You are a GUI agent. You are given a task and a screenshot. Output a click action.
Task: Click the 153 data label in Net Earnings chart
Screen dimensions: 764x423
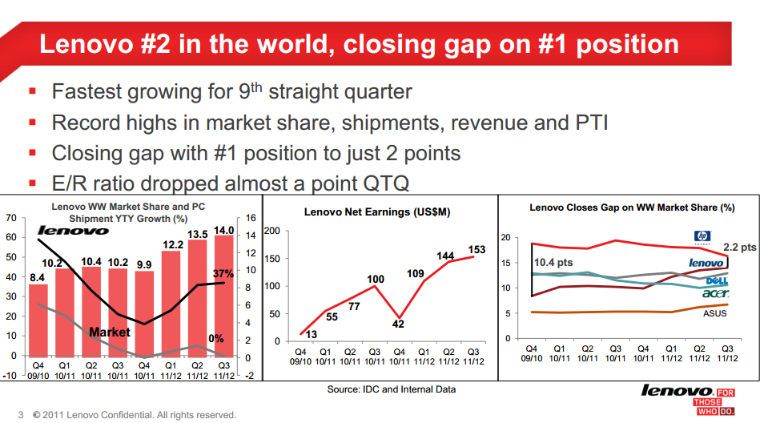476,249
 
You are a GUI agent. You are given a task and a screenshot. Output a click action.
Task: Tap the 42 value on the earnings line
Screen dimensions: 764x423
398,324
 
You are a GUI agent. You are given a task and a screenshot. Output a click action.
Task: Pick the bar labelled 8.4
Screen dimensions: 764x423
38,320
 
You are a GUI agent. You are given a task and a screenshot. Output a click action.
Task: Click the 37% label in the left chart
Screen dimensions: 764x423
223,274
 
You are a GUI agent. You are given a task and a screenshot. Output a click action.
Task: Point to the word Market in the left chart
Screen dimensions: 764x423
110,332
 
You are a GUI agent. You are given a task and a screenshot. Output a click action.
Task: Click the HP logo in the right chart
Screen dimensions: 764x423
702,237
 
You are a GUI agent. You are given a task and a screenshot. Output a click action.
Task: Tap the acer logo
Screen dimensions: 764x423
716,293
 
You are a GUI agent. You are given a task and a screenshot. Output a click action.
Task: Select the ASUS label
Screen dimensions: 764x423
714,313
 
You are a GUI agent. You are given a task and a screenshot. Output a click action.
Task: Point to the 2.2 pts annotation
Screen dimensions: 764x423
740,247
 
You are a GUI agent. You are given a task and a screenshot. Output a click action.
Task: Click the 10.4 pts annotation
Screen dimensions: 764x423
553,262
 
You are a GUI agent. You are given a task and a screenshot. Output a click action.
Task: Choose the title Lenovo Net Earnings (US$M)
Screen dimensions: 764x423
377,212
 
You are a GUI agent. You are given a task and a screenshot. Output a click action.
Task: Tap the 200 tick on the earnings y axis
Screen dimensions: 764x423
271,231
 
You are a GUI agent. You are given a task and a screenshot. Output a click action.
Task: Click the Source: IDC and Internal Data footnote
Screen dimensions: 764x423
392,389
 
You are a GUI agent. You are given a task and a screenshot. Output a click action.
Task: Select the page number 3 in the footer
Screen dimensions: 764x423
21,415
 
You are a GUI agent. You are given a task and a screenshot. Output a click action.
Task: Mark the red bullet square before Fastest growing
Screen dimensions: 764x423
33,91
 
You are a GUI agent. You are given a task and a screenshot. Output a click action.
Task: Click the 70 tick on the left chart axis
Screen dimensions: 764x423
10,218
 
